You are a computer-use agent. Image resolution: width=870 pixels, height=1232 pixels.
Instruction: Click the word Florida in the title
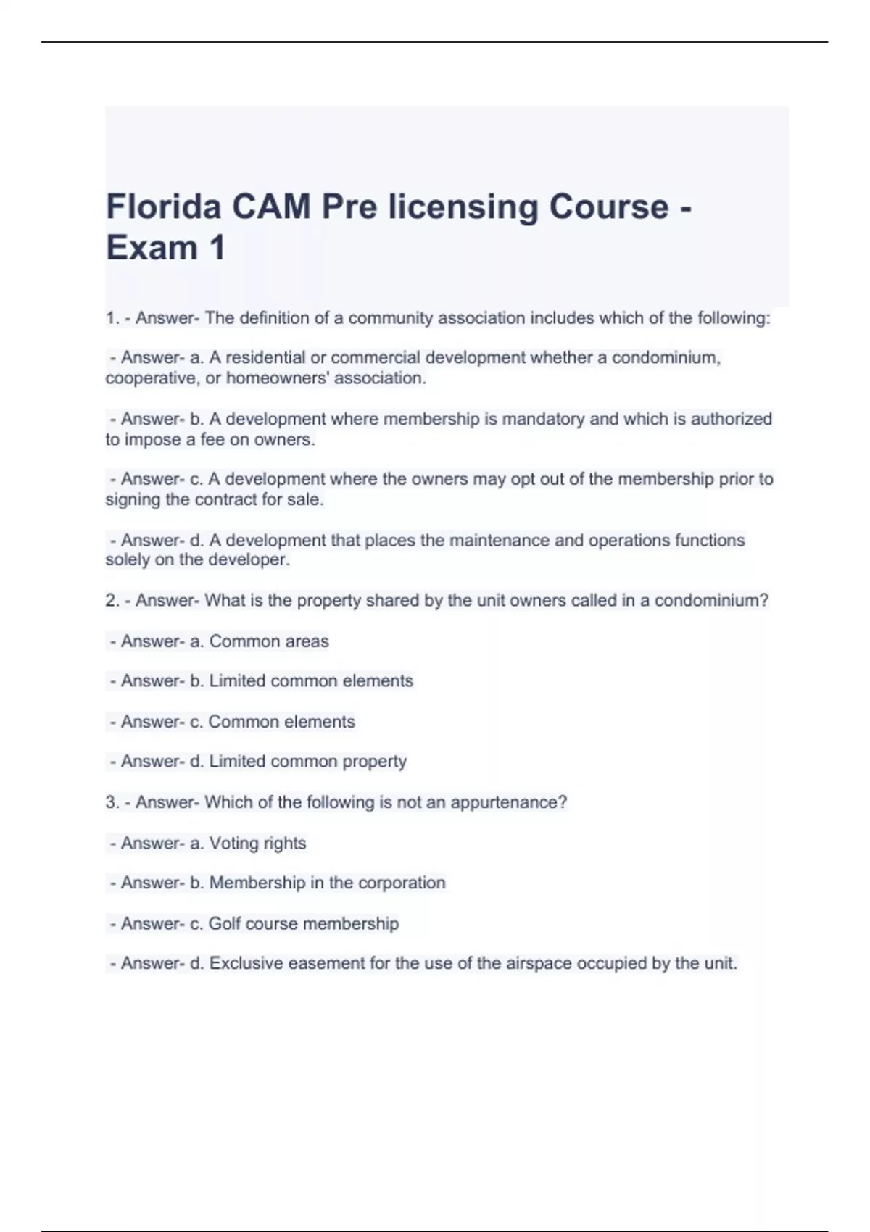pyautogui.click(x=163, y=207)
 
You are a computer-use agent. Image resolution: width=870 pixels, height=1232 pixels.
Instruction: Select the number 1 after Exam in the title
pyautogui.click(x=216, y=248)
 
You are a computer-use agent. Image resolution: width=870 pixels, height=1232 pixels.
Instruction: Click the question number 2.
pyautogui.click(x=112, y=601)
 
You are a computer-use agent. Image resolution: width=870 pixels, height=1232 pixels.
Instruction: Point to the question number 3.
pyautogui.click(x=112, y=802)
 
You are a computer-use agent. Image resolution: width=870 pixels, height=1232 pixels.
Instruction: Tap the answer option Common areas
pyautogui.click(x=268, y=641)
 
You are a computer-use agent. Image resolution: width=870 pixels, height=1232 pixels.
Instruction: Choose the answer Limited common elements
pyautogui.click(x=311, y=681)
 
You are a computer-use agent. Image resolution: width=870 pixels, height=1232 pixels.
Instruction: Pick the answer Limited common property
pyautogui.click(x=307, y=762)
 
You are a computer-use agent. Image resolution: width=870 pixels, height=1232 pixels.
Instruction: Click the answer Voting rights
pyautogui.click(x=257, y=844)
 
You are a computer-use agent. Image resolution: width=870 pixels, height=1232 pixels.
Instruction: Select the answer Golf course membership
pyautogui.click(x=303, y=924)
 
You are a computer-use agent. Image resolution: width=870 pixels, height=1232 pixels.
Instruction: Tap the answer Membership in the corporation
pyautogui.click(x=327, y=883)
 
